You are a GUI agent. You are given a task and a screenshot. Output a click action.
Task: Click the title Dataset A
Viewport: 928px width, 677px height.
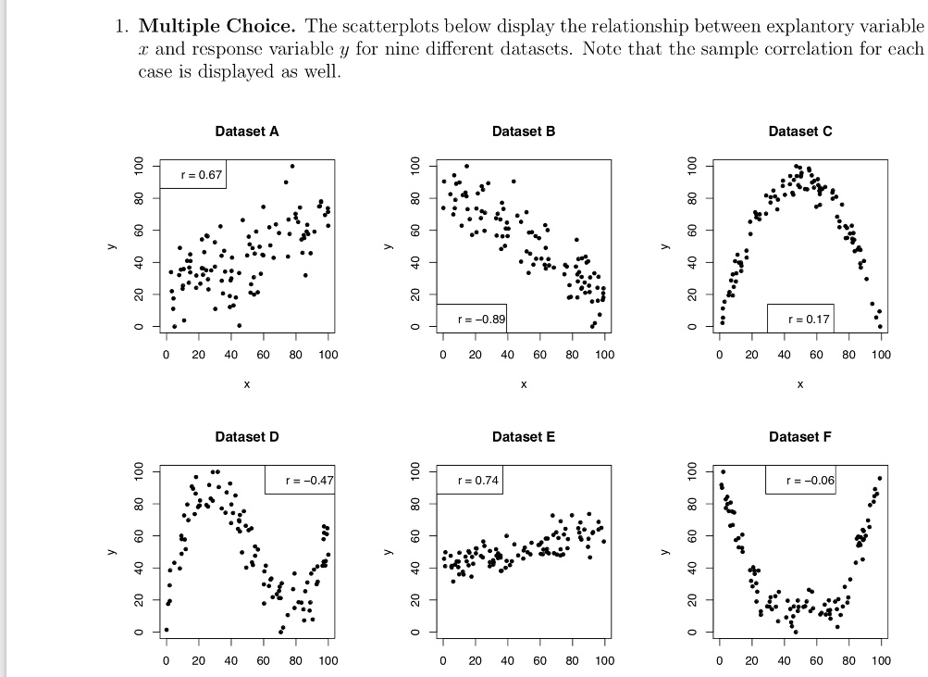[x=246, y=132]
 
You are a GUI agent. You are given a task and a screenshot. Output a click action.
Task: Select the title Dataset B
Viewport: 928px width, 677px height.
[x=524, y=132]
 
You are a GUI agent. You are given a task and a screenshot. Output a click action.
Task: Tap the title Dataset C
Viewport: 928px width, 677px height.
[x=799, y=132]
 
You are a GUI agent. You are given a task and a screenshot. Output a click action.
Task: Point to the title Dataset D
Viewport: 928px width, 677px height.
[x=246, y=436]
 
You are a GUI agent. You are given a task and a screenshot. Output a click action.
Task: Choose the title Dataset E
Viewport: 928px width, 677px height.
[x=524, y=436]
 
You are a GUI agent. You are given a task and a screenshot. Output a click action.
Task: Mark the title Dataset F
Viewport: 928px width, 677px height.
[x=799, y=436]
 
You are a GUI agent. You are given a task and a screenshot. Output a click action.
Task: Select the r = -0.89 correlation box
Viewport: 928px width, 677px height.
[x=471, y=319]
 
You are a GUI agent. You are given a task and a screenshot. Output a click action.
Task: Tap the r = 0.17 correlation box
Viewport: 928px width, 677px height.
[x=799, y=319]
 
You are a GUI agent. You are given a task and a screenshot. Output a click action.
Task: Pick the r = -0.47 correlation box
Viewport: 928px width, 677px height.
[x=300, y=481]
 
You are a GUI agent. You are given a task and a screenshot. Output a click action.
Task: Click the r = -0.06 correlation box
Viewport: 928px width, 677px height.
[x=799, y=481]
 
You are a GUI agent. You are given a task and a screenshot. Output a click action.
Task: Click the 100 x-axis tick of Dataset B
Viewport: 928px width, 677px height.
[x=603, y=355]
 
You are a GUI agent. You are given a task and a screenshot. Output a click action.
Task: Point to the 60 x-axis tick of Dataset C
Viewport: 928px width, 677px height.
[x=816, y=355]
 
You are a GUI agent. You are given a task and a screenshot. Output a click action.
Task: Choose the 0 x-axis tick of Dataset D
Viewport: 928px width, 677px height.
[x=167, y=660]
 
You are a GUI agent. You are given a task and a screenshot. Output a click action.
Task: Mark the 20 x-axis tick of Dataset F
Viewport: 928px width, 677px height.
[x=751, y=660]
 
